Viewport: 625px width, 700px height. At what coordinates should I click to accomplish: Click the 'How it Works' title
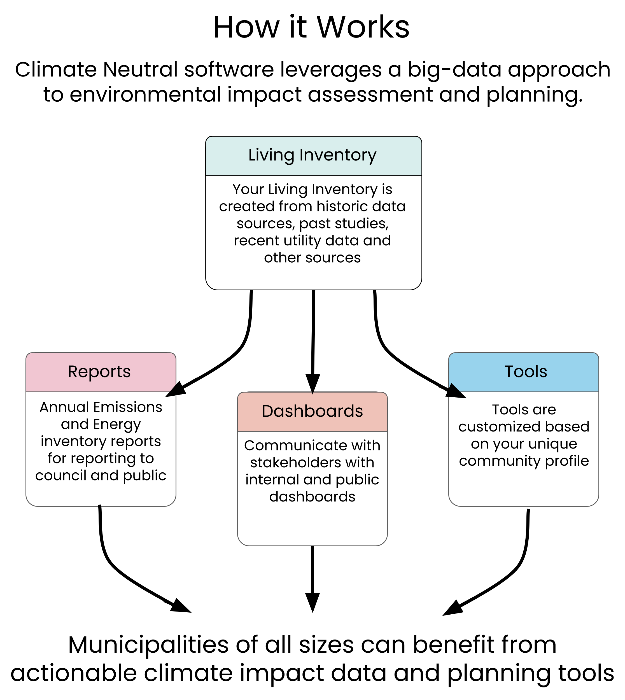pos(311,27)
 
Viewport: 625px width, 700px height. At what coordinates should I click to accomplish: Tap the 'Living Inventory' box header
pos(312,155)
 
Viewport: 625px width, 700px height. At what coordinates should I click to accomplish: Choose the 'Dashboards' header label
pos(312,411)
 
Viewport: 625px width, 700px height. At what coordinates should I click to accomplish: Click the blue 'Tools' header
pos(525,372)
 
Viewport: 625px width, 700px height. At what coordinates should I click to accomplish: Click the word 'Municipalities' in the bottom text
pos(148,645)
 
